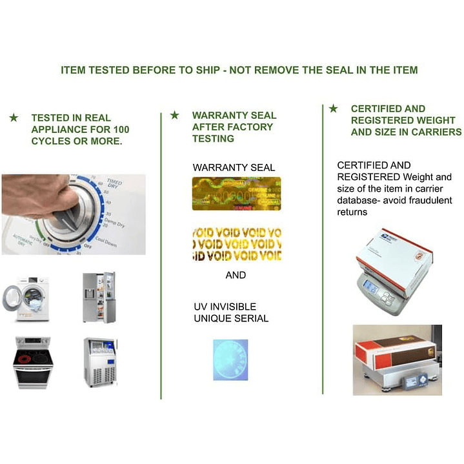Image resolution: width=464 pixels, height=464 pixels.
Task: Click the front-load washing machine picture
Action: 25,299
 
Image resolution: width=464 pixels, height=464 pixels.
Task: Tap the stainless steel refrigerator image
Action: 99,297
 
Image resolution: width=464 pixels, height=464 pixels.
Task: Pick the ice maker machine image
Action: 99,362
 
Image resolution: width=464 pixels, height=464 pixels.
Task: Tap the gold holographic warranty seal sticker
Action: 236,193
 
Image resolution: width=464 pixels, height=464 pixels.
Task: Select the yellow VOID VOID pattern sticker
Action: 236,243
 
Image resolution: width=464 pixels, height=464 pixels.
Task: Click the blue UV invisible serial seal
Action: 230,359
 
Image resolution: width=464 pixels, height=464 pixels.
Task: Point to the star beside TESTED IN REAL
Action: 14,117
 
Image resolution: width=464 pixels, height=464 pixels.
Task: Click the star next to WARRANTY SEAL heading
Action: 174,115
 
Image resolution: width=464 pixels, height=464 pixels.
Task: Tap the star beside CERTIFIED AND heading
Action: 333,108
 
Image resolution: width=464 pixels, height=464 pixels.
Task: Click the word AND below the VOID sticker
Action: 236,275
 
